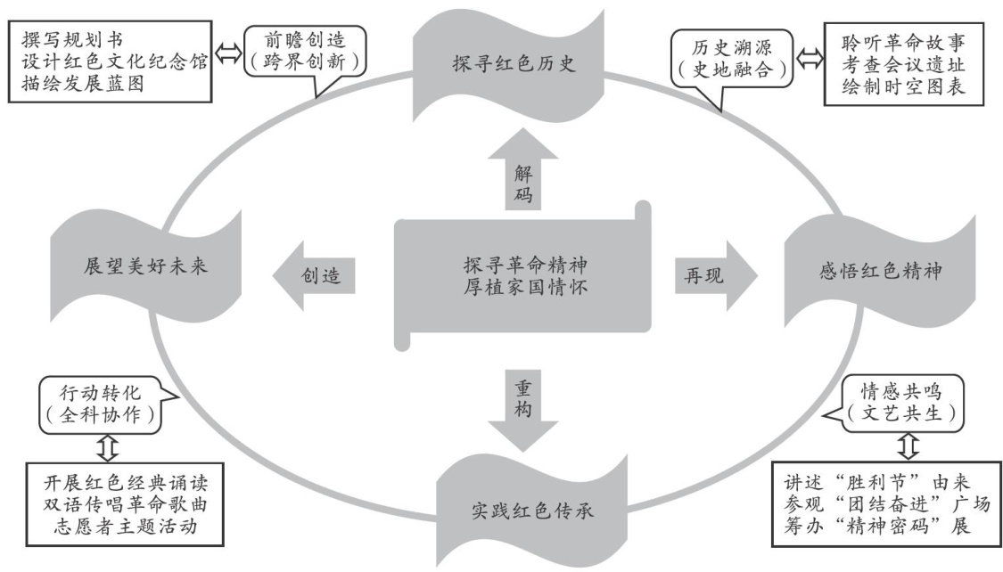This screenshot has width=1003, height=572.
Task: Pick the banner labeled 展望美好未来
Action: click(146, 267)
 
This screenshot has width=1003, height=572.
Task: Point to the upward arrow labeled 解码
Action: click(523, 173)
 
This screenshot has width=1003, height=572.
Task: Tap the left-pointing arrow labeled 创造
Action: click(316, 275)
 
